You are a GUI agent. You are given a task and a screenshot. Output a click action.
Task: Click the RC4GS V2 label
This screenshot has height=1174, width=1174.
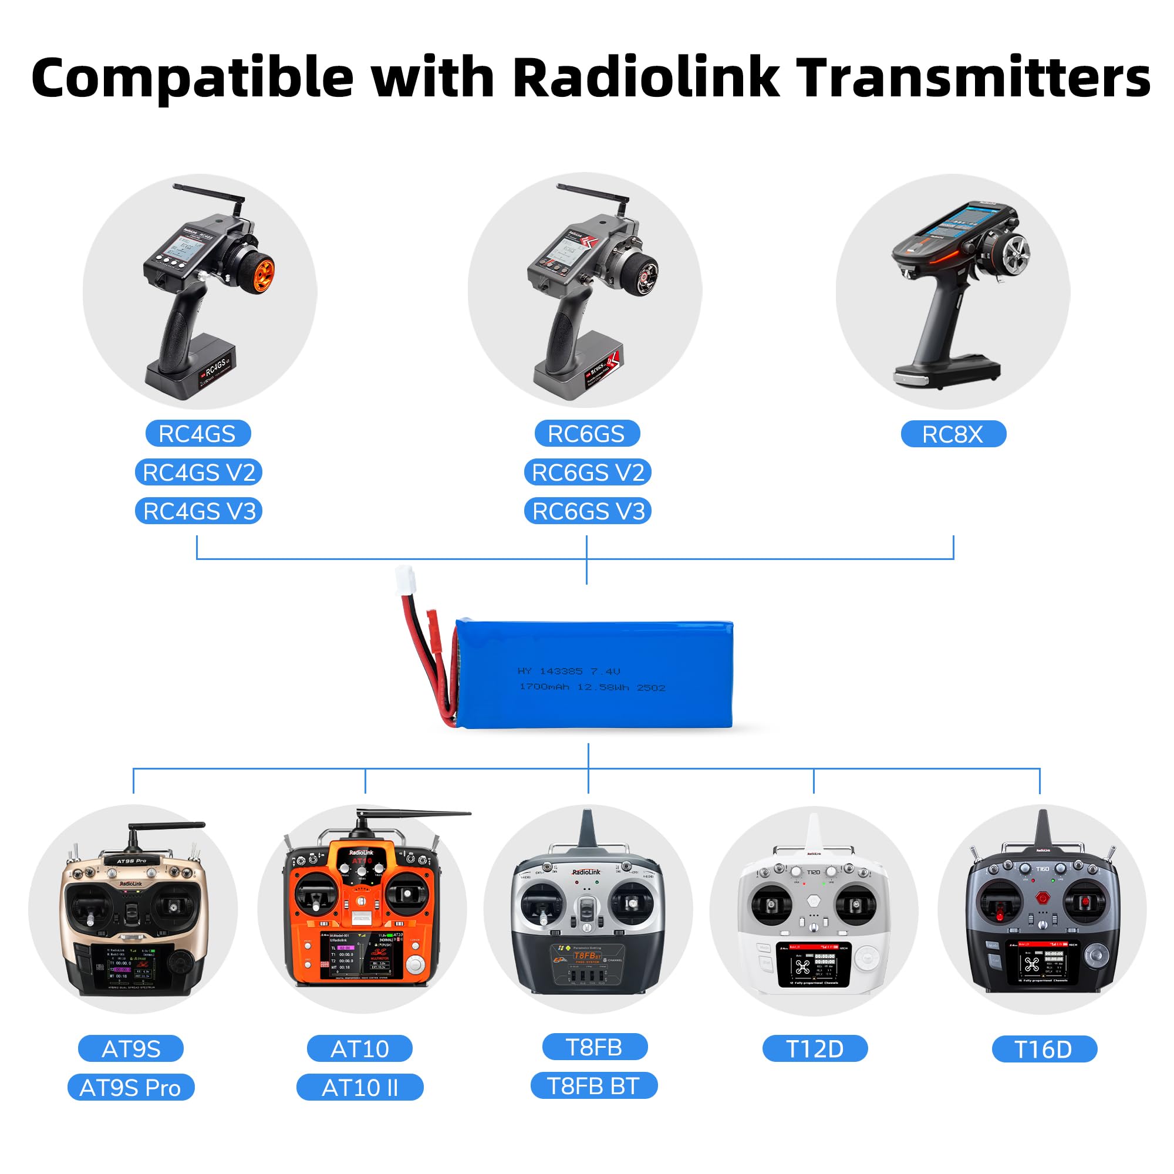pos(198,472)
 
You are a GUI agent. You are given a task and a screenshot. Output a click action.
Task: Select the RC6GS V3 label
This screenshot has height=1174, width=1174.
pos(588,511)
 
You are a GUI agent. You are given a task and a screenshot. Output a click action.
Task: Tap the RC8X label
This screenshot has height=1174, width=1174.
pos(953,434)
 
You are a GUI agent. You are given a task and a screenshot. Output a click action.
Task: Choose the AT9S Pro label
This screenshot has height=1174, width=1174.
pos(131,1087)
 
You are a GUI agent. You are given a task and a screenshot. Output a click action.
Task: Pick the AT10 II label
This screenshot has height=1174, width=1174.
pos(360,1087)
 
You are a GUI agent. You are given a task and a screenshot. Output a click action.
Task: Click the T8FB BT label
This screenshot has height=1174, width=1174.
pos(593,1085)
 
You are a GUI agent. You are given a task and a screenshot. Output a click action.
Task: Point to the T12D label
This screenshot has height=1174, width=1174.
pos(815,1048)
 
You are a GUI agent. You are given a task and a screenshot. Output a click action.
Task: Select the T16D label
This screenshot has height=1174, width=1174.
pos(1044,1049)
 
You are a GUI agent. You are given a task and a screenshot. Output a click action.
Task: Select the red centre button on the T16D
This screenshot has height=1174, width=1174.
pos(1043,898)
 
